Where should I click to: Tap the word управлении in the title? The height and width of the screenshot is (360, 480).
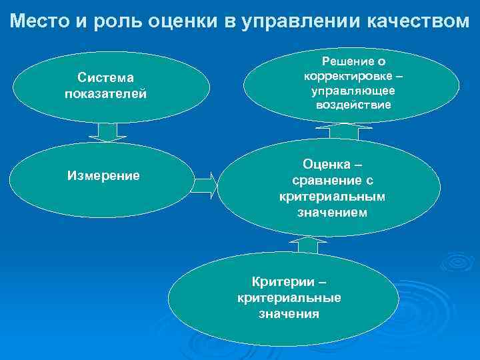(x=301, y=21)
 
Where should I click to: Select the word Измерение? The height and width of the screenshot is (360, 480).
(x=104, y=176)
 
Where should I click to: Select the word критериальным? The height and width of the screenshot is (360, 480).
(x=332, y=197)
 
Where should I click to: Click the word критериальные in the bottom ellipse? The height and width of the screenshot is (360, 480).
(x=289, y=297)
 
